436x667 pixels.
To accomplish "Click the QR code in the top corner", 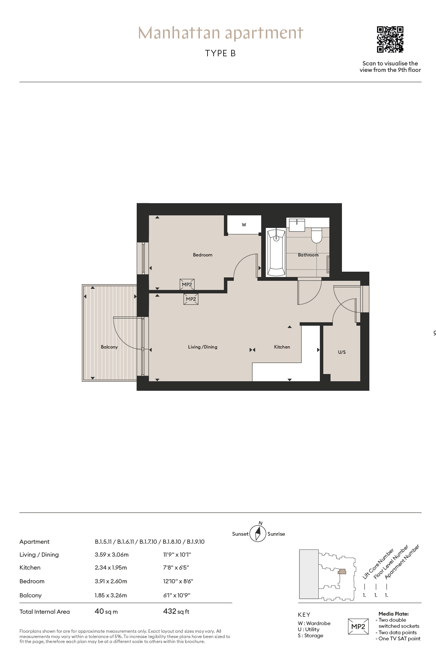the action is click(x=390, y=40).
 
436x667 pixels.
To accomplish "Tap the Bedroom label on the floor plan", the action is click(x=203, y=255).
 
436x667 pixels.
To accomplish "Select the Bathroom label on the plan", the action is click(x=308, y=255).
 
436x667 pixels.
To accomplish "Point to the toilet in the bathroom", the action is click(x=317, y=235).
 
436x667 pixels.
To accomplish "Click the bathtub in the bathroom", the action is click(x=276, y=252).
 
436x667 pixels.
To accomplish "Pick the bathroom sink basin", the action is click(x=297, y=225).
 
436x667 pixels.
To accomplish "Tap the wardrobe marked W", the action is click(x=244, y=225).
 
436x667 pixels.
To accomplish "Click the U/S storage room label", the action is click(x=342, y=352).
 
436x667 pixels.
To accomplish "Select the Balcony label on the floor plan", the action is click(x=109, y=347).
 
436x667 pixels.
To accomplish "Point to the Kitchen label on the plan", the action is click(x=282, y=347).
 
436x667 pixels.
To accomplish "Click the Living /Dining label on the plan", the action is click(x=203, y=347).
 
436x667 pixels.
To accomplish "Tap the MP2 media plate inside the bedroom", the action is click(x=187, y=285).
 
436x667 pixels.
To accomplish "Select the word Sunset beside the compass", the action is click(x=240, y=534).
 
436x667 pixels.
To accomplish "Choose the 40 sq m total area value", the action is click(x=106, y=611).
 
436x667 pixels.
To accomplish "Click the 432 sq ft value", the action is click(x=176, y=611).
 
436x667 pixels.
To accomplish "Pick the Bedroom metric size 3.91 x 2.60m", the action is click(x=111, y=581).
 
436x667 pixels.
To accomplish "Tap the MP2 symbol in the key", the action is click(x=358, y=627).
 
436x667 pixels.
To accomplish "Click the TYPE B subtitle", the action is click(x=220, y=53).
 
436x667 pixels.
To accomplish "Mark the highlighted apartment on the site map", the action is click(x=342, y=571).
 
